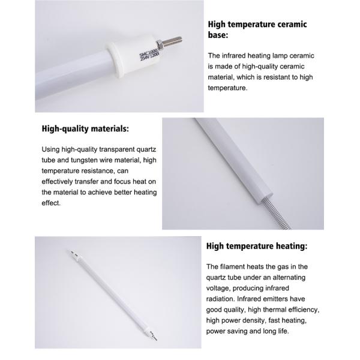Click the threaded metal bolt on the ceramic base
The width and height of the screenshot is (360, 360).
(x=172, y=41)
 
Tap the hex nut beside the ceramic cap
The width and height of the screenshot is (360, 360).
(x=160, y=44)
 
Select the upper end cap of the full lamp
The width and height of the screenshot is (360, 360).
(x=74, y=255)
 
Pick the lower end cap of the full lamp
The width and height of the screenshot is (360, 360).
(x=152, y=335)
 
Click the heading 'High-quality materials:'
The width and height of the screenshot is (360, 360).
(x=85, y=128)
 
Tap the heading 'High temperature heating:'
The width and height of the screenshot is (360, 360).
(x=257, y=246)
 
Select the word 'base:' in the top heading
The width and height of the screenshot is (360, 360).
(x=218, y=35)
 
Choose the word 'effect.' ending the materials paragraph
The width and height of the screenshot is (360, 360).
(x=51, y=203)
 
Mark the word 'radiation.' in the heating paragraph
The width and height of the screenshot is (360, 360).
(x=221, y=299)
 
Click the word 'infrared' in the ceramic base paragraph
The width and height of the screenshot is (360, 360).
(x=233, y=56)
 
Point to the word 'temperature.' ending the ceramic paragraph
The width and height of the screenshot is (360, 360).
(x=228, y=88)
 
